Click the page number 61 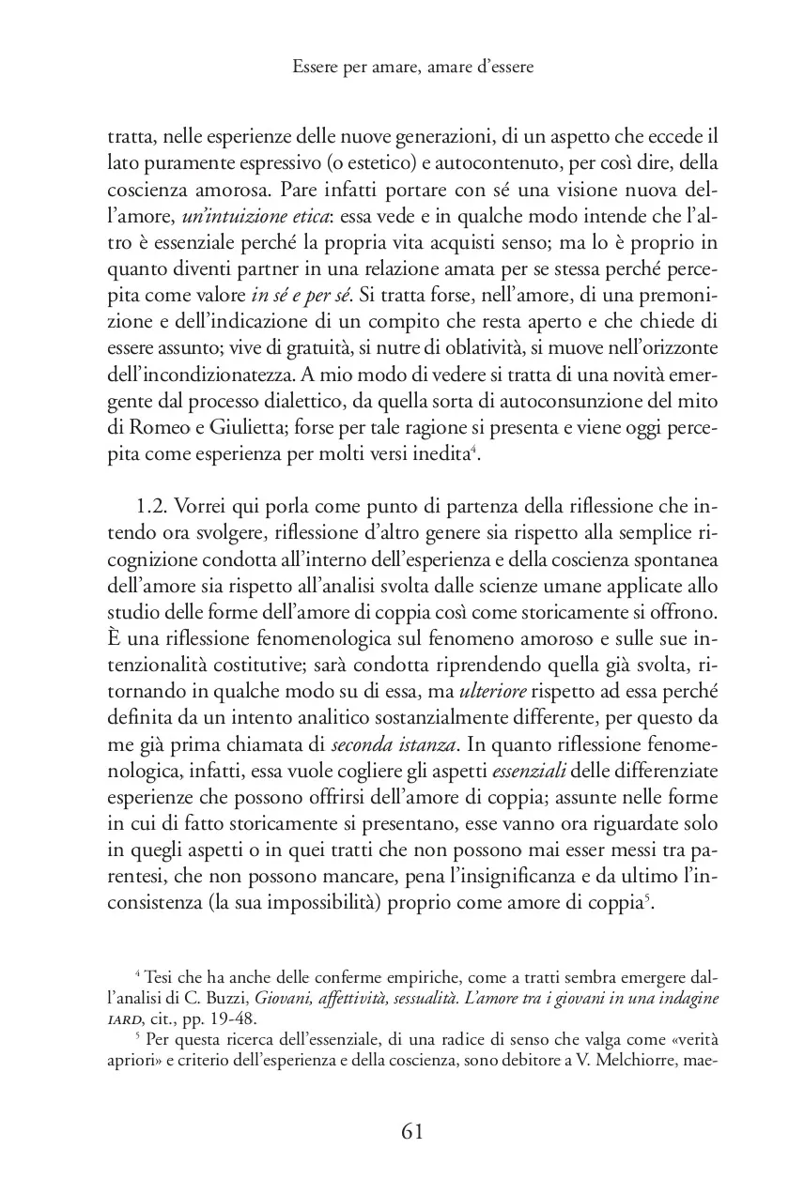tap(412, 1131)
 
